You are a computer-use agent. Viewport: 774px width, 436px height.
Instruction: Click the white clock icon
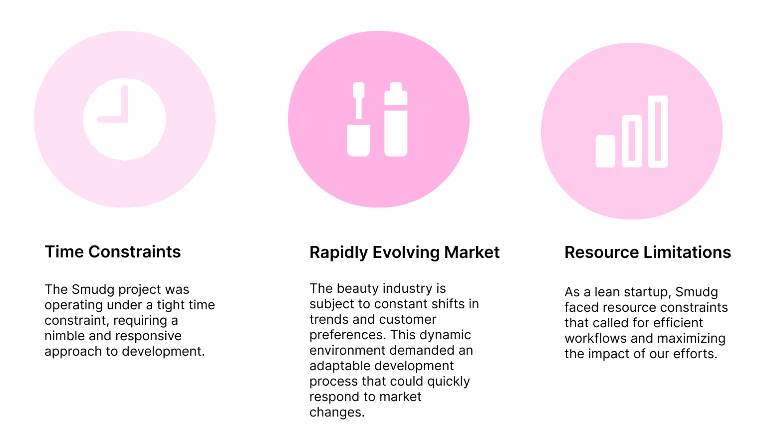tap(124, 119)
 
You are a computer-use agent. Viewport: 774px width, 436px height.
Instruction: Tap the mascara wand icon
tap(358, 120)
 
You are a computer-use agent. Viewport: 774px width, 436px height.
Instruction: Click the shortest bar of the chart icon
tap(605, 151)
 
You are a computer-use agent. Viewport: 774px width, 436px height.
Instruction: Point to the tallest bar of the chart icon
tap(658, 131)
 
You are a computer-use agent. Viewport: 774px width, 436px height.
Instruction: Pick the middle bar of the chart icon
tap(631, 141)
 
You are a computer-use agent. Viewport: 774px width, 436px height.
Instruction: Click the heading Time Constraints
tap(113, 252)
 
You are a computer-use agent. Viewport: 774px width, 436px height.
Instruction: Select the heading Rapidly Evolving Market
tap(404, 252)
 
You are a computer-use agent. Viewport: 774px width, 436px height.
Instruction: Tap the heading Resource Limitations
tap(647, 252)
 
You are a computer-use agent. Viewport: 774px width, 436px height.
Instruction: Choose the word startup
tap(646, 292)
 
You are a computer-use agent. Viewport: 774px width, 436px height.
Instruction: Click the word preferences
tap(347, 335)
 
